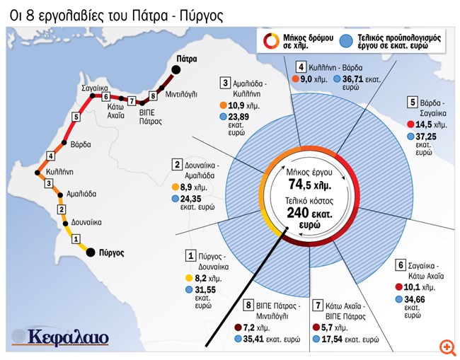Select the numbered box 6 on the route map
click(105, 96)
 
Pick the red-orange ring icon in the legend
click(271, 41)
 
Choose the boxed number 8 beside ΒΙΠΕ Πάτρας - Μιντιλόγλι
click(249, 306)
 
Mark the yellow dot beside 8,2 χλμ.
click(189, 278)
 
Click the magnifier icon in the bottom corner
click(446, 347)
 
